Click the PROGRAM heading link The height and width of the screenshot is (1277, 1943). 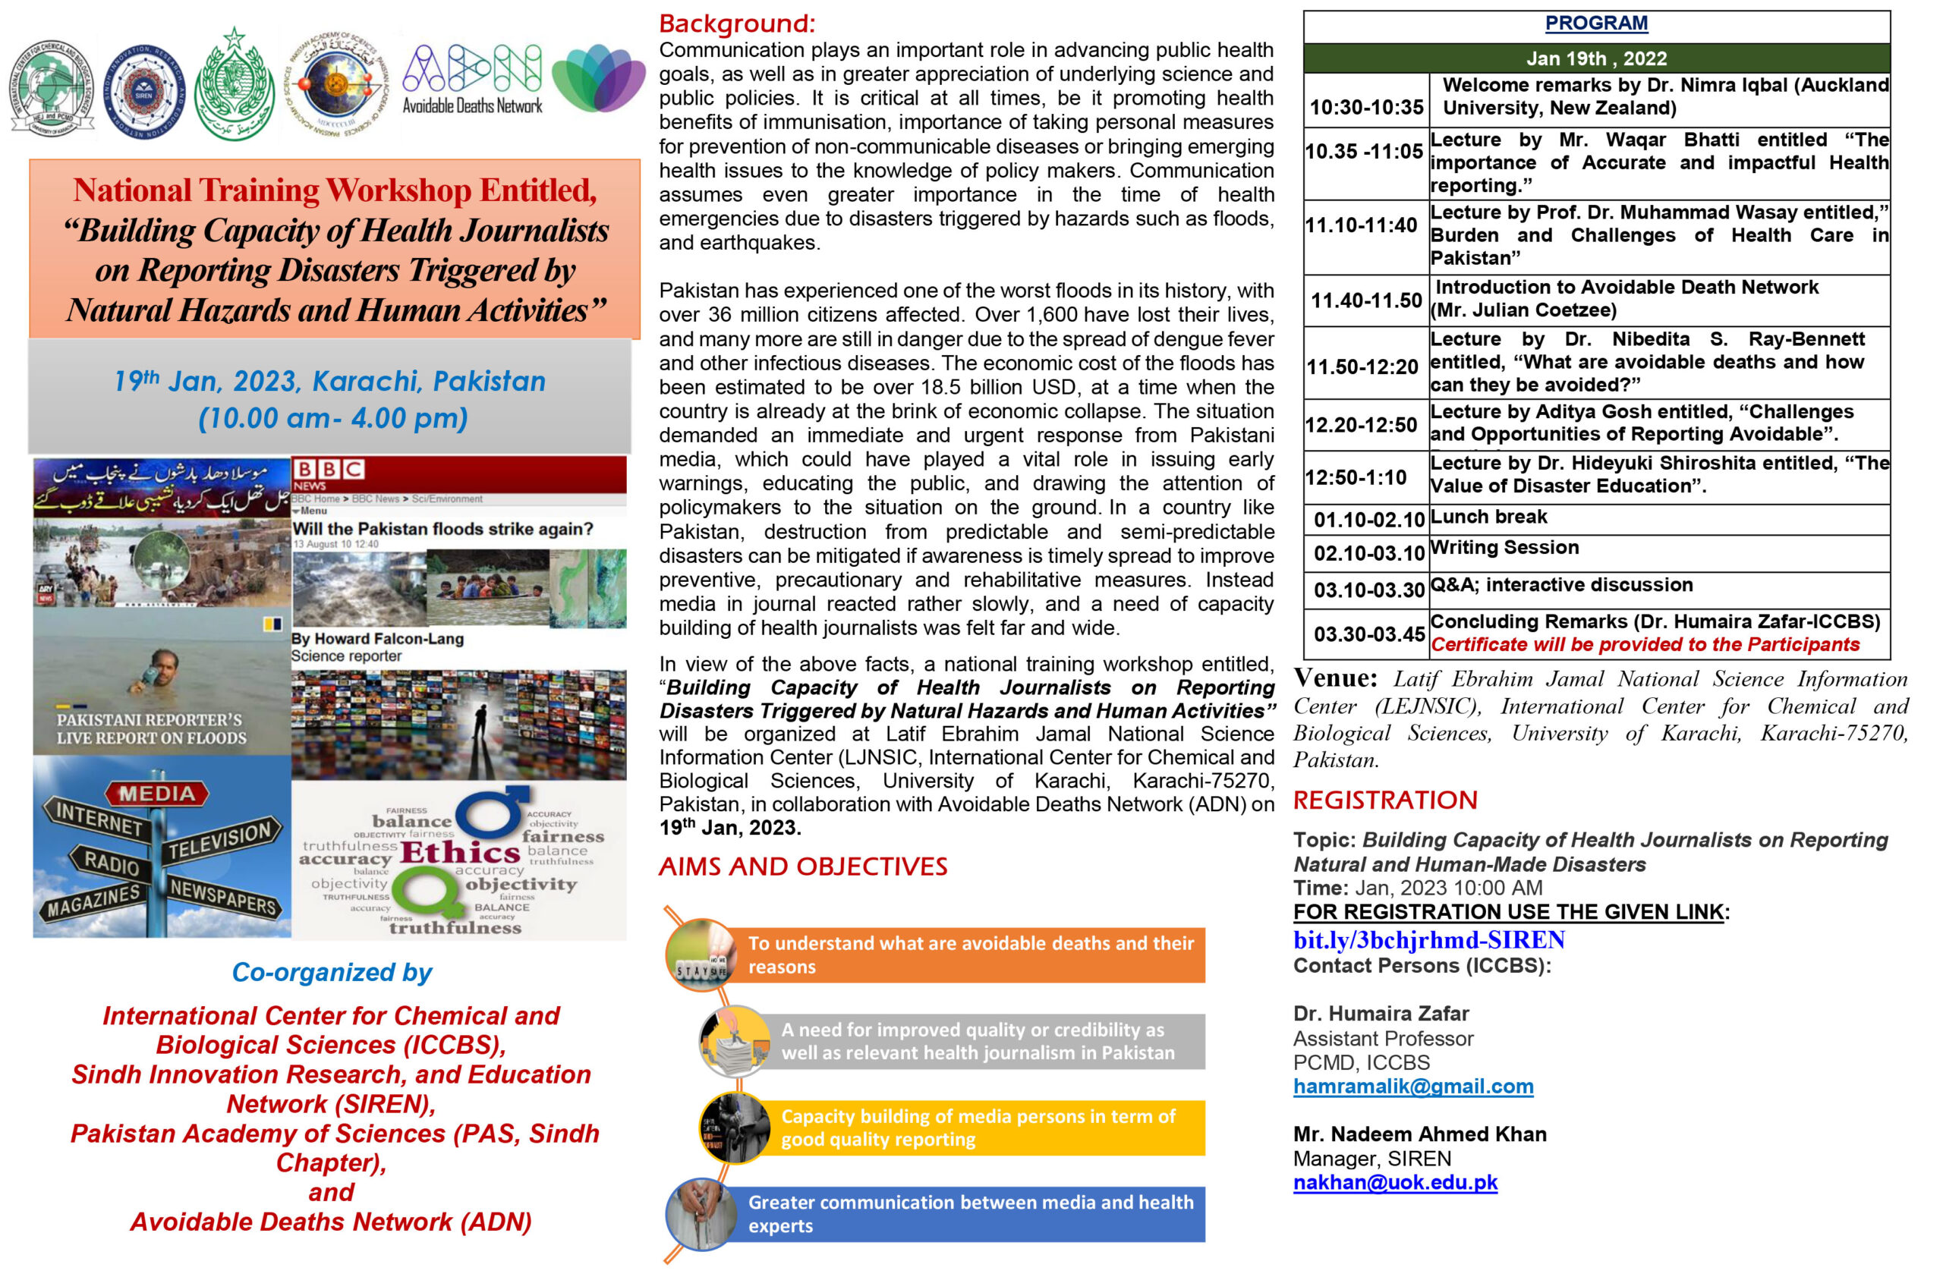pyautogui.click(x=1596, y=24)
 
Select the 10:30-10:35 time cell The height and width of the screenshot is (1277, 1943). pyautogui.click(x=1367, y=107)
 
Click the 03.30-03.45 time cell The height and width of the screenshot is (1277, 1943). pyautogui.click(x=1369, y=634)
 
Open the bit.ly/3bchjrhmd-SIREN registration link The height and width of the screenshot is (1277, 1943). pyautogui.click(x=1428, y=940)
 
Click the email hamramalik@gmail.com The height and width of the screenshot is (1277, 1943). pyautogui.click(x=1413, y=1087)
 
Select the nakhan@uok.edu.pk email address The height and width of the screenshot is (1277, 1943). pyautogui.click(x=1395, y=1183)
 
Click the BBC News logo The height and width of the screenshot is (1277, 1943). pyautogui.click(x=328, y=473)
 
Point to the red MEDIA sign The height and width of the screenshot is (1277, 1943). pyautogui.click(x=157, y=794)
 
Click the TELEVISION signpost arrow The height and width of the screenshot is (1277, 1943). pyautogui.click(x=220, y=841)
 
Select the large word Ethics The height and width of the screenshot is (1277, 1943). pyautogui.click(x=460, y=854)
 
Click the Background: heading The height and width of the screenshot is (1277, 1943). pyautogui.click(x=736, y=24)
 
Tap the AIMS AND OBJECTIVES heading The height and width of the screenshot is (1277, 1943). pyautogui.click(x=802, y=867)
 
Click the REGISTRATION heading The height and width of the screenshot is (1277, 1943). pyautogui.click(x=1385, y=800)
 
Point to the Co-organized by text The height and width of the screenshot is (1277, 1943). pyautogui.click(x=332, y=973)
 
